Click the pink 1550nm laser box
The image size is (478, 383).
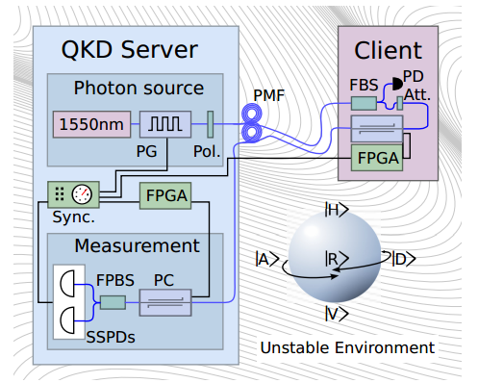coord(91,124)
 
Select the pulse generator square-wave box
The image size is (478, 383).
coord(165,124)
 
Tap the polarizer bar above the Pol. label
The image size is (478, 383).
coord(211,124)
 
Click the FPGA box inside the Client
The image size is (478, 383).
coord(377,158)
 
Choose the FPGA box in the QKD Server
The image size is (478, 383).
coord(165,195)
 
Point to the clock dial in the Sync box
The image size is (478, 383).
coord(82,194)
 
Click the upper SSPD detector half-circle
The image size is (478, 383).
coord(67,284)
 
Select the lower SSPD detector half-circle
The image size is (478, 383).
coord(67,320)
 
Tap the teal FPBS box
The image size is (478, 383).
coord(113,302)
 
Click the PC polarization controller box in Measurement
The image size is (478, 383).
coord(165,303)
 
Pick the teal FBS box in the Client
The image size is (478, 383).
coord(364,103)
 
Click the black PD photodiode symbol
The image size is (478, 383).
coord(398,84)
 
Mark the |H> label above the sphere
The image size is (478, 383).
coord(337,210)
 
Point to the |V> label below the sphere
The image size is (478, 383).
coord(337,314)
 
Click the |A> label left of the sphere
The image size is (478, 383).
coord(267,259)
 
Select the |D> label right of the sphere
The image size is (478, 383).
coord(404,259)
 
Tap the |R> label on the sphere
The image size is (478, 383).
coord(337,259)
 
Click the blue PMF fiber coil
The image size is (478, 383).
coord(252,122)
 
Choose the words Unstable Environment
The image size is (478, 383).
coord(347,347)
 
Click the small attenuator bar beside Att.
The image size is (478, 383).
coord(400,103)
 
